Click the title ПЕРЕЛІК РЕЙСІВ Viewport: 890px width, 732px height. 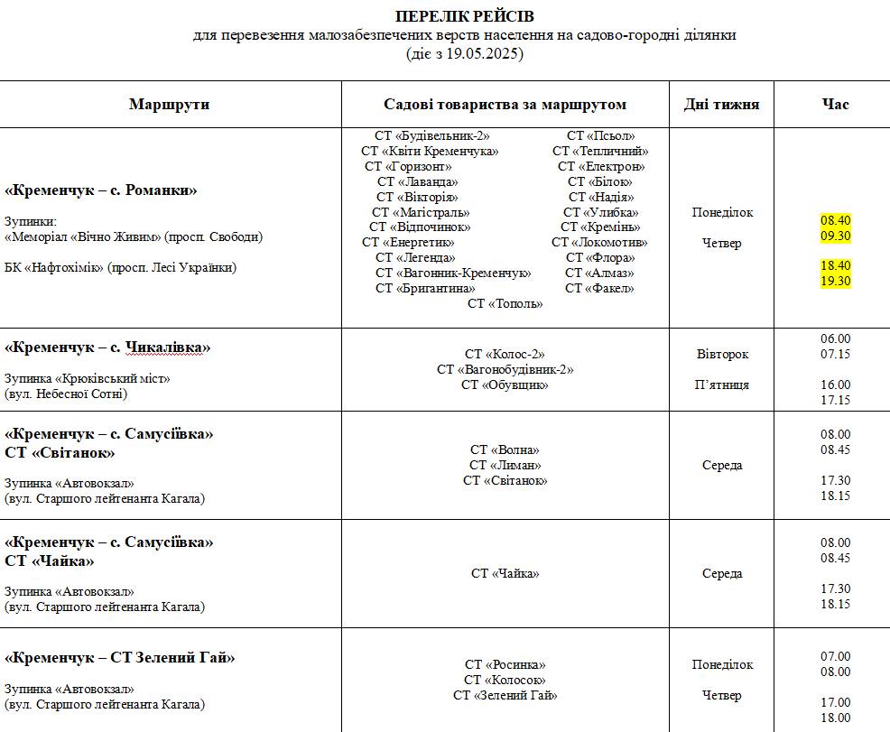click(x=464, y=17)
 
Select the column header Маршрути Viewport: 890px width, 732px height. click(x=169, y=104)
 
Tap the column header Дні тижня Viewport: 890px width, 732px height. click(x=721, y=104)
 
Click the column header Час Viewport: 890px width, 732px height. click(x=835, y=104)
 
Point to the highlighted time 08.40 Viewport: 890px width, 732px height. click(x=835, y=220)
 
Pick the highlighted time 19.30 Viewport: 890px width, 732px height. click(x=835, y=281)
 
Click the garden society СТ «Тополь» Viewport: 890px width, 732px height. click(x=505, y=303)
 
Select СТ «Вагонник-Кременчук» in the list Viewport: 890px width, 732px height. click(x=453, y=273)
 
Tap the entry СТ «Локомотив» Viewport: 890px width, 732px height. click(x=599, y=242)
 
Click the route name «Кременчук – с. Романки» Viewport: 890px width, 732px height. click(x=100, y=190)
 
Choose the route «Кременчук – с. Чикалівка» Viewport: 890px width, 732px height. click(x=107, y=347)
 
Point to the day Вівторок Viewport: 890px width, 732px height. click(x=722, y=354)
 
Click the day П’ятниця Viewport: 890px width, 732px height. click(x=722, y=385)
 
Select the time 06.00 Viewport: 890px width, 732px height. click(x=835, y=338)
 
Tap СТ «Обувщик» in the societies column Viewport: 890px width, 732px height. click(x=505, y=385)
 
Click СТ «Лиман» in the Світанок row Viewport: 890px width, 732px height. click(x=505, y=465)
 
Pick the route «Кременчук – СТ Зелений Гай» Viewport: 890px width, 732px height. click(x=119, y=658)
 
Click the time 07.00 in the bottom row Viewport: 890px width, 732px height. click(x=835, y=656)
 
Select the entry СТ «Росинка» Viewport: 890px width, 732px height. click(x=505, y=664)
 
